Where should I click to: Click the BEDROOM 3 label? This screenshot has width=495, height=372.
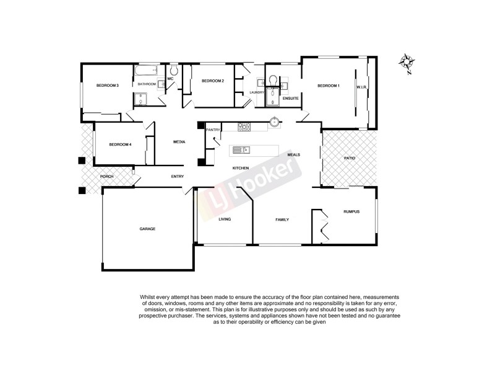pyautogui.click(x=107, y=85)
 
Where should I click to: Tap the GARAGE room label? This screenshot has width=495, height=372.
pyautogui.click(x=147, y=229)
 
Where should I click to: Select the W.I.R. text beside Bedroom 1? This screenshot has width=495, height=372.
pyautogui.click(x=362, y=87)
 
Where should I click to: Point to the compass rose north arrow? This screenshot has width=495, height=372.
pyautogui.click(x=407, y=62)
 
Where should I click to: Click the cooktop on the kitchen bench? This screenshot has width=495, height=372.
pyautogui.click(x=244, y=127)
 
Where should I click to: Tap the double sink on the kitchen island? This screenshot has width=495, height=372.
pyautogui.click(x=240, y=149)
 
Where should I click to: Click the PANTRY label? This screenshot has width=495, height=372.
pyautogui.click(x=213, y=130)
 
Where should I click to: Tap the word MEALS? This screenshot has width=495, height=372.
pyautogui.click(x=294, y=155)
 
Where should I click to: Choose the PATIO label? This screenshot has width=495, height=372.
pyautogui.click(x=350, y=158)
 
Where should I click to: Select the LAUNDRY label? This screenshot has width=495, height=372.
pyautogui.click(x=257, y=92)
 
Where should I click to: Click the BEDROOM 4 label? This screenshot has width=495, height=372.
pyautogui.click(x=120, y=144)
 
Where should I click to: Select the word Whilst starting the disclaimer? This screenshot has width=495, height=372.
pyautogui.click(x=149, y=298)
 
